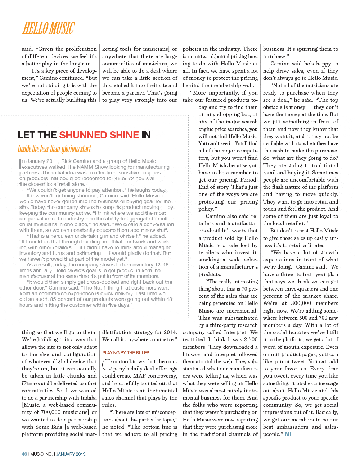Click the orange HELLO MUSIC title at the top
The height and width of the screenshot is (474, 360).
point(49,28)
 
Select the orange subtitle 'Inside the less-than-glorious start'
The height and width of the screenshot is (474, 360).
point(54,149)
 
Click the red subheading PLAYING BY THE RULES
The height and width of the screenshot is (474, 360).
point(126,353)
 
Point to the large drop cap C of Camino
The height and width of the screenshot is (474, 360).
point(107,364)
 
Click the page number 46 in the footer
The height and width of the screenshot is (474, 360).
point(24,454)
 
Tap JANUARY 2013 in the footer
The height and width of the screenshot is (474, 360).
point(71,454)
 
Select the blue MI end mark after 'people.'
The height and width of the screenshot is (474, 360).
point(288,434)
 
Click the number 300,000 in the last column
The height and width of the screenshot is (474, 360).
point(301,303)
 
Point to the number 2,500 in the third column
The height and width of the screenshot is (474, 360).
point(251,339)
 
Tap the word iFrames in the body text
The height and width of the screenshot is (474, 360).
point(31,383)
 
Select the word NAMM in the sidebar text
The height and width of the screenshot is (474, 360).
point(85,167)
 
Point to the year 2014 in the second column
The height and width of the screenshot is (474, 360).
point(170,332)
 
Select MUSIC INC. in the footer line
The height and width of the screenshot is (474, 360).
point(41,454)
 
